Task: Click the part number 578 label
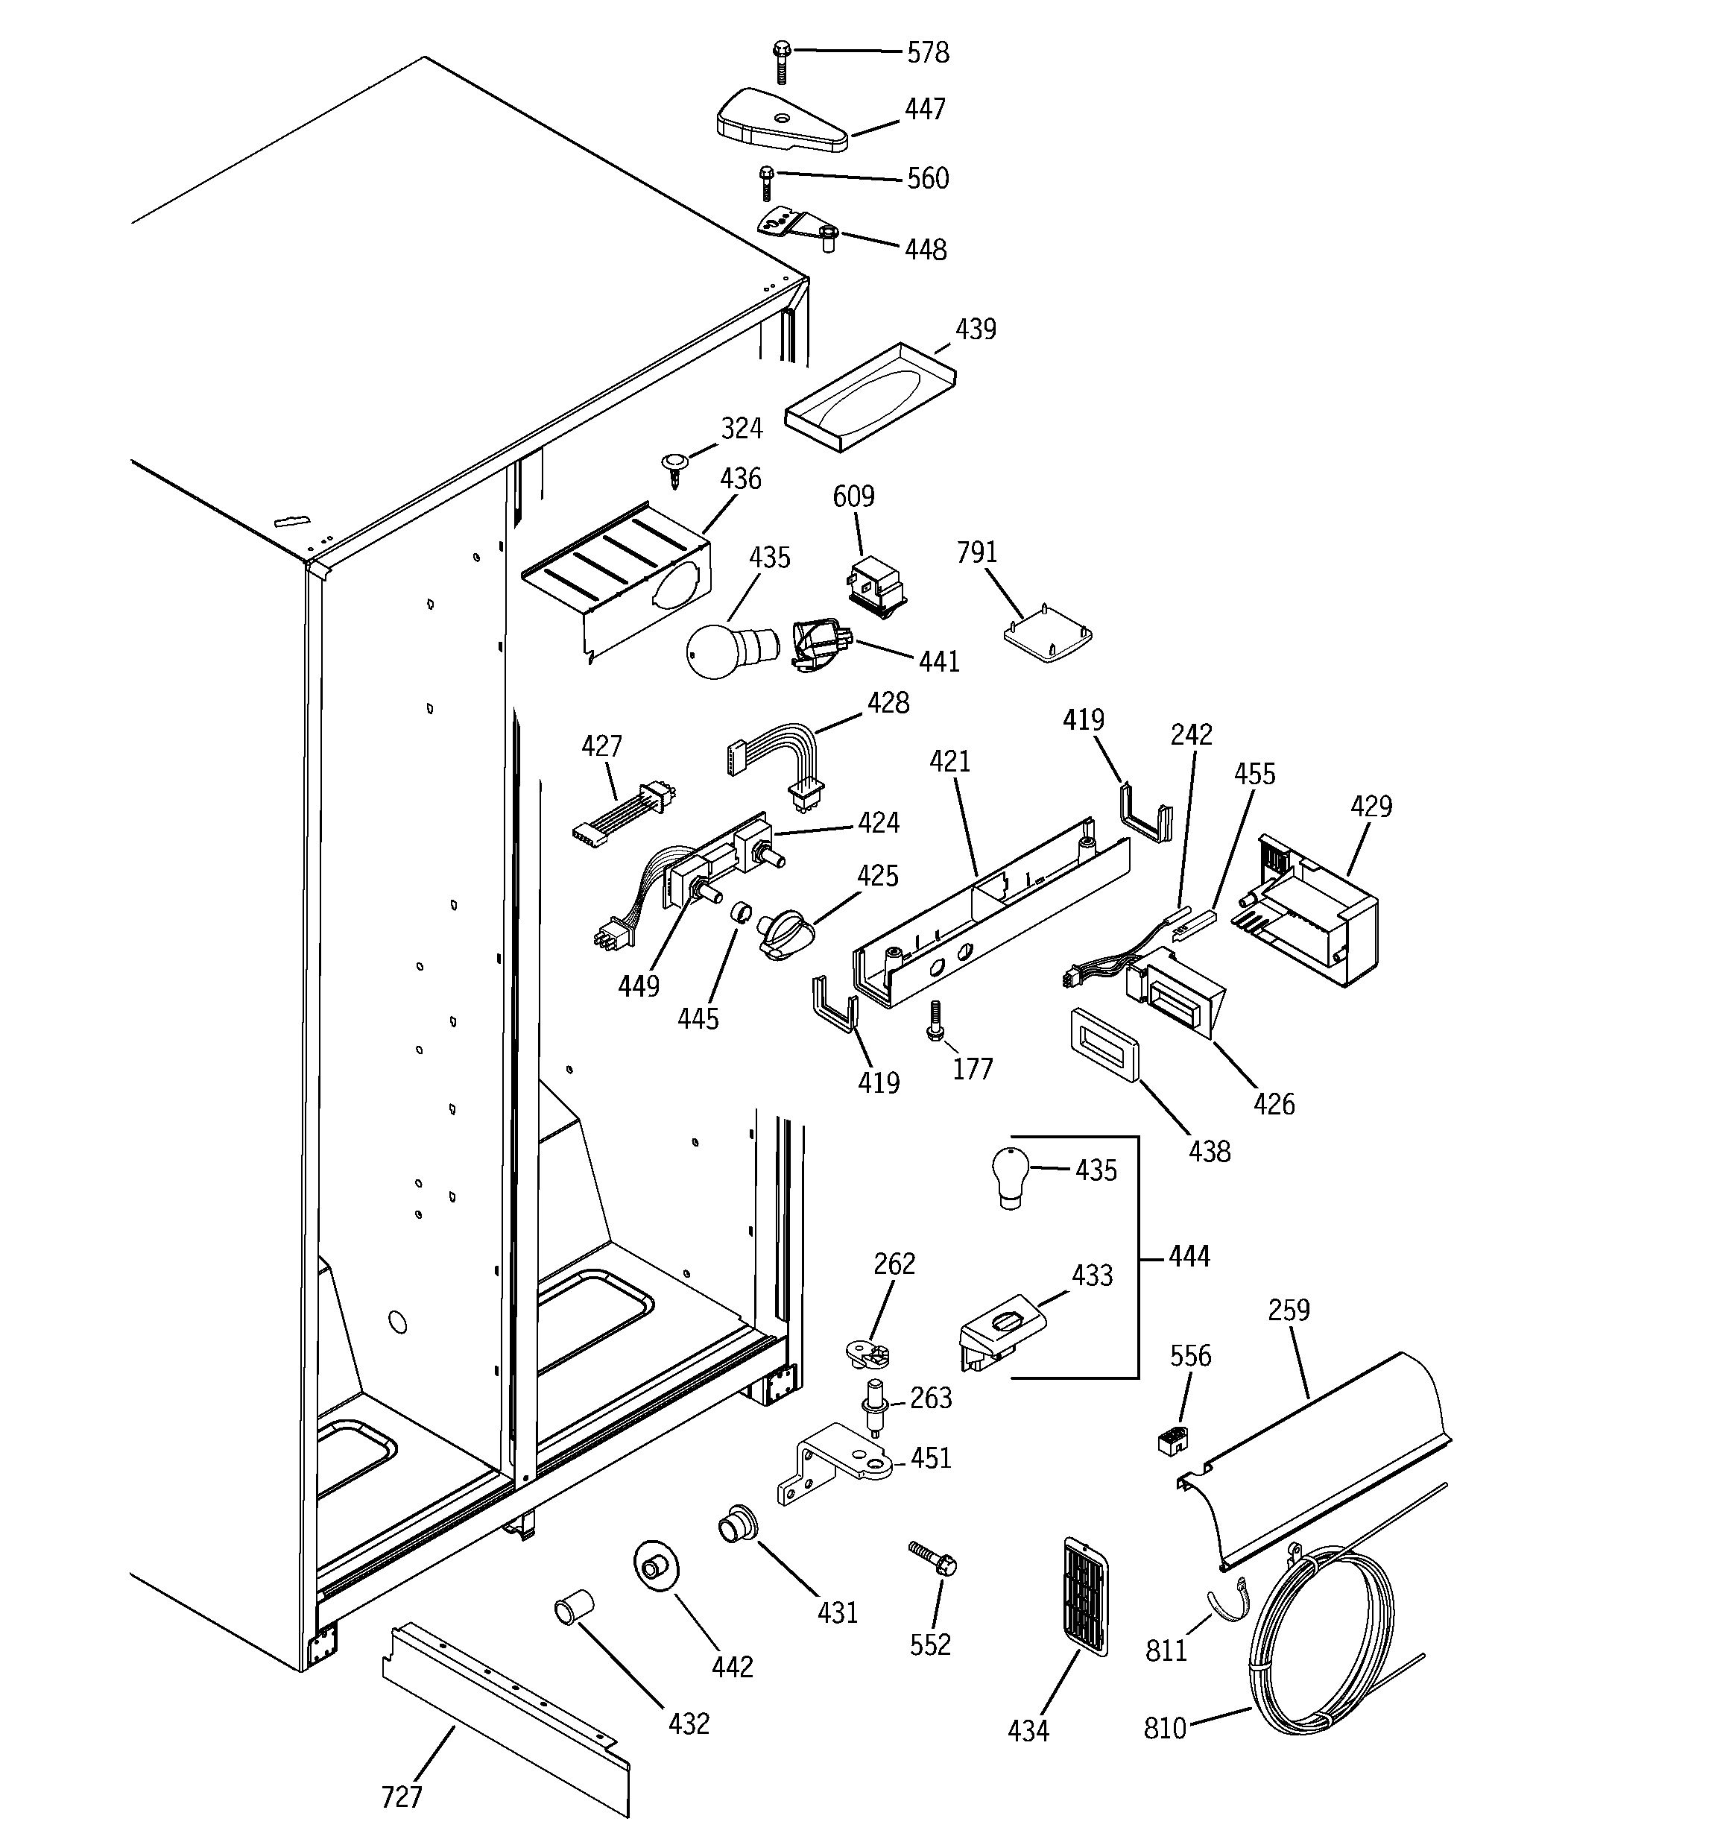pyautogui.click(x=927, y=53)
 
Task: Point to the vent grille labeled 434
pyautogui.click(x=1084, y=1595)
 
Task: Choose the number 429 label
pyautogui.click(x=1371, y=806)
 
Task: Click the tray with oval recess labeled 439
pyautogui.click(x=870, y=397)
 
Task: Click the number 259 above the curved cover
pyautogui.click(x=1288, y=1310)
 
